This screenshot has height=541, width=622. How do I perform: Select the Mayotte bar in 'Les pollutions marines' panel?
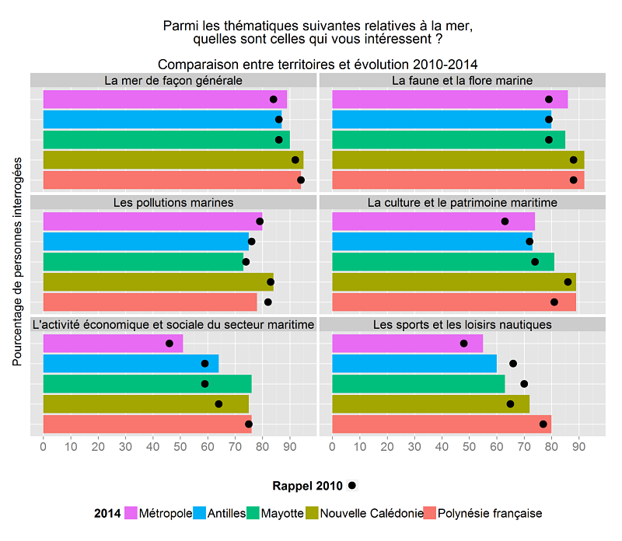[143, 261]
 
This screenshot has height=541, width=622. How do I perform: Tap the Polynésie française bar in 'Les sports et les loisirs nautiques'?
[441, 424]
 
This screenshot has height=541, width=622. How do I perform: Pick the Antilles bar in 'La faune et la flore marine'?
[441, 119]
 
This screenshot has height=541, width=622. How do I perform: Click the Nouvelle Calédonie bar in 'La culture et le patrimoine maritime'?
[453, 281]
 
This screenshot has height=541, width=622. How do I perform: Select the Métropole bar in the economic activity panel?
[113, 343]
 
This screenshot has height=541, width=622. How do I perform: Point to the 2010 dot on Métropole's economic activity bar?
[169, 343]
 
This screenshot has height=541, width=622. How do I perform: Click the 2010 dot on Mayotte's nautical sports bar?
[524, 383]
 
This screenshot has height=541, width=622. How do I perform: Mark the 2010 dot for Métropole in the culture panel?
[505, 222]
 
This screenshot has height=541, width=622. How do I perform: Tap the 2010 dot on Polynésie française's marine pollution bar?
[268, 302]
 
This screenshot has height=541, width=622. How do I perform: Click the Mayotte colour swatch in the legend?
[252, 513]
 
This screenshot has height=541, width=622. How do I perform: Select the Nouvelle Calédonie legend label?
[372, 513]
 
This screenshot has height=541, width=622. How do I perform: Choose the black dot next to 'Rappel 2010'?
[352, 486]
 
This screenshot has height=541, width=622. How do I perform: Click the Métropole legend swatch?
[130, 513]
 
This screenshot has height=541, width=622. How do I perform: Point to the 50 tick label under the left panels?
[180, 447]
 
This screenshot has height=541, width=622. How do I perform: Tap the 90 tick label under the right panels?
[578, 447]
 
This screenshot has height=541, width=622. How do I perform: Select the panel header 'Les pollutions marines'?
[173, 203]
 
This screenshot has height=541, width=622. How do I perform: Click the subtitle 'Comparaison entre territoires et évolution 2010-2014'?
[317, 64]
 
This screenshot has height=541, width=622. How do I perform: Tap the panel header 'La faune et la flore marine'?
[462, 81]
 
